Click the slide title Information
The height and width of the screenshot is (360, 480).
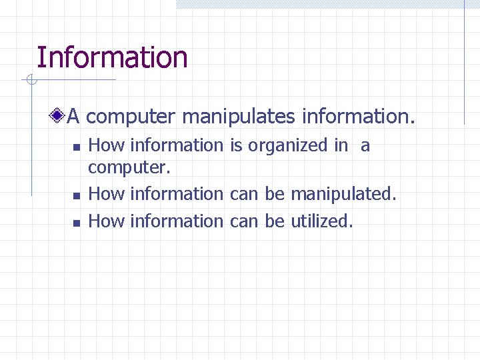click(112, 57)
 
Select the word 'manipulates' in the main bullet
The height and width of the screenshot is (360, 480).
click(238, 118)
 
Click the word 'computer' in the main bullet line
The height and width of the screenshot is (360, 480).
click(131, 118)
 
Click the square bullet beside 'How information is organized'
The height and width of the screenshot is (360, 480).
click(76, 147)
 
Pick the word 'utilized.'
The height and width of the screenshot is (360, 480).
click(322, 221)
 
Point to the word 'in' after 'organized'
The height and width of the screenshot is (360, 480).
click(341, 145)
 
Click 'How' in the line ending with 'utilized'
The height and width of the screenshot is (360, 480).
click(107, 221)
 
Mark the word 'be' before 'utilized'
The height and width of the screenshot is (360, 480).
click(274, 221)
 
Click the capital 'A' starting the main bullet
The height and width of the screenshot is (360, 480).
click(73, 117)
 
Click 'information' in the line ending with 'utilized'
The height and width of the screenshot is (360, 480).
click(177, 221)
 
